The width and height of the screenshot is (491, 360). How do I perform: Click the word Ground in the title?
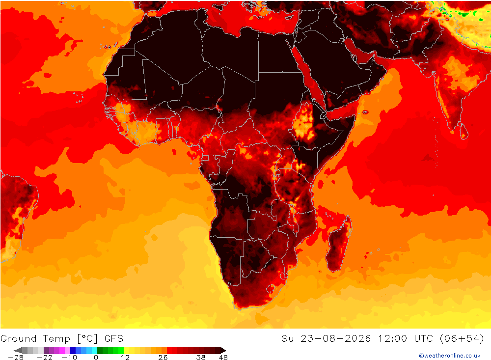(x=19, y=338)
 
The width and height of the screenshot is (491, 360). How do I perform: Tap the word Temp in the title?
(x=56, y=339)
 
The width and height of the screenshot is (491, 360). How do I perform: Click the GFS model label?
(x=114, y=338)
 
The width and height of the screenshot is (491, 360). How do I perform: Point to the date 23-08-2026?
(x=336, y=338)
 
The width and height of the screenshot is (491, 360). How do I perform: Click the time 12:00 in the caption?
(x=392, y=338)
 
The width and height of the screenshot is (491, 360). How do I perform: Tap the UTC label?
(x=423, y=338)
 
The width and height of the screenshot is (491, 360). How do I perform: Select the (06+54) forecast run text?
(x=462, y=338)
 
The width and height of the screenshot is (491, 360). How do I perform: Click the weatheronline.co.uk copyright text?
(x=450, y=356)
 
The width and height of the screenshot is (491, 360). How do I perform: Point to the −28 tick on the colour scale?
(x=16, y=357)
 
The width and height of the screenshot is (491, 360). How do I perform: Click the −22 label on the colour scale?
(x=45, y=357)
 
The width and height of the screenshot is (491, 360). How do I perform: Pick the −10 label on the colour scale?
(x=69, y=357)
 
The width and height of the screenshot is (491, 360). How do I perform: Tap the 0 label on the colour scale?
(x=96, y=357)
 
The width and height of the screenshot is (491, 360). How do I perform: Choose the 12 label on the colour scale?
(x=125, y=357)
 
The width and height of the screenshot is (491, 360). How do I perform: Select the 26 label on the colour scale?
(x=163, y=357)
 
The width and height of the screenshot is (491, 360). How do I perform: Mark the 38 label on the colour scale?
(x=201, y=357)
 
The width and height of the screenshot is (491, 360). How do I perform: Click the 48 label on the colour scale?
(x=223, y=357)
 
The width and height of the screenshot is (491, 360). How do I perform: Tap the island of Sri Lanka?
(x=464, y=131)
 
